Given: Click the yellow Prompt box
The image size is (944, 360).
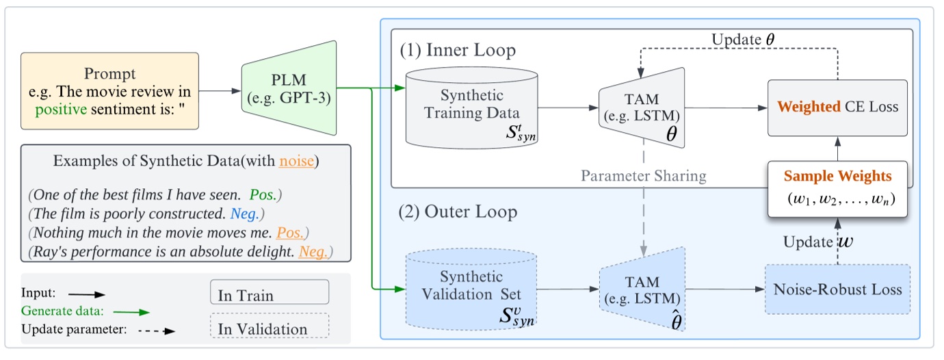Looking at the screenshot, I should coord(110,90).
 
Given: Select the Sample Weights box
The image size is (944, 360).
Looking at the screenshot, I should coord(837,188).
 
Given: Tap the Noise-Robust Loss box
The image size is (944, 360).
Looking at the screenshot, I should coord(837,289).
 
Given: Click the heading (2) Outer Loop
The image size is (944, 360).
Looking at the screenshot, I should coord(458,211).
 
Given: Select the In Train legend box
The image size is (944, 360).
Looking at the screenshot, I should coord(270,294).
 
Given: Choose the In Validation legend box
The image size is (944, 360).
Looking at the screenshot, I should coord(270,328).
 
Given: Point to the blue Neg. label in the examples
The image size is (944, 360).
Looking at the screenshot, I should coord(244,214).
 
